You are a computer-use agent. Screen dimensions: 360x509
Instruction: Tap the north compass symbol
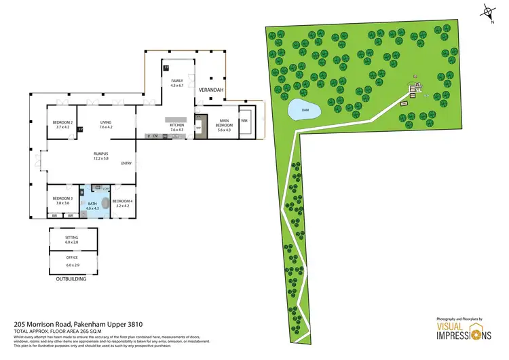(487, 12)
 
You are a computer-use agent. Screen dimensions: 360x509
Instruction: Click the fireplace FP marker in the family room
(166, 67)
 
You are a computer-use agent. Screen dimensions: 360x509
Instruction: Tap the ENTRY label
(126, 164)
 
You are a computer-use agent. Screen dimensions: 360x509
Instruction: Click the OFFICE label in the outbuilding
(72, 259)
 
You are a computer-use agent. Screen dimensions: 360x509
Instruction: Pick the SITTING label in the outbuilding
(72, 237)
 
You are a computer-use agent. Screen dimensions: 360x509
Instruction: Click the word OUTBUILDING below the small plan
(73, 279)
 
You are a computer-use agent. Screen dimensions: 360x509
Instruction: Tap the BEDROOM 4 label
(123, 201)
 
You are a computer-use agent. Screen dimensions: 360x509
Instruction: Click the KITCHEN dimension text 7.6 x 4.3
(177, 130)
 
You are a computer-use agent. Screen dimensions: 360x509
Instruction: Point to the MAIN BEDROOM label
(224, 124)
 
